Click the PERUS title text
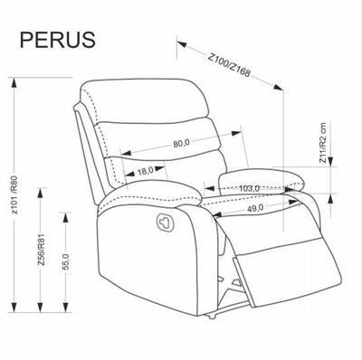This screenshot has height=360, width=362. pos(58,40)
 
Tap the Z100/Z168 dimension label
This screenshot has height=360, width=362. pos(230,65)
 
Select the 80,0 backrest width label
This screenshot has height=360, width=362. pos(181,143)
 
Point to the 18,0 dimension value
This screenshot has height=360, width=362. pos(146,171)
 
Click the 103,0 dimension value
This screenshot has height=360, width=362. pos(249,188)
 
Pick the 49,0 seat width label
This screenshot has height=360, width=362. pos(255,208)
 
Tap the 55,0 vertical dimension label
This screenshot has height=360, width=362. pos(66,261)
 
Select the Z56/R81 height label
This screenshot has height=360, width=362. pos(41,250)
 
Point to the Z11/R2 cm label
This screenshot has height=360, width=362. pos(323,143)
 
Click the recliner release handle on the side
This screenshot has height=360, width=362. pos(166,222)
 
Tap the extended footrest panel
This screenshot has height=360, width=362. pos(287,270)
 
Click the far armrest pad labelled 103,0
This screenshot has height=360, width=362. pos(262,182)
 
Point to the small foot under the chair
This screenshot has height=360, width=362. pos(211,317)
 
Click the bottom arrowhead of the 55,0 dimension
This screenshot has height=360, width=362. pos(65,307)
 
